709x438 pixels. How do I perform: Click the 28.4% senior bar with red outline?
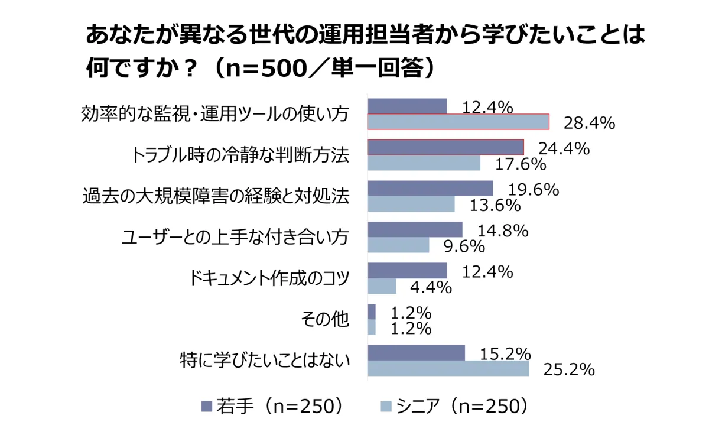[458, 122]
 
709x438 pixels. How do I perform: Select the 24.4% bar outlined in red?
[446, 147]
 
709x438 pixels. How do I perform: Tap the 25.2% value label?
[569, 370]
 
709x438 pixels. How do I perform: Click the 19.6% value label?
[534, 190]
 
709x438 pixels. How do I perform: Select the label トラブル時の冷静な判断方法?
[240, 155]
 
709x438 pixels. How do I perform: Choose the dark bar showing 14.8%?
[415, 229]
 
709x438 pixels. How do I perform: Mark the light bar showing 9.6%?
[398, 245]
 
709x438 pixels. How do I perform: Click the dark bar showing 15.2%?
[416, 353]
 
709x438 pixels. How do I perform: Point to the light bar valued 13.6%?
[411, 204]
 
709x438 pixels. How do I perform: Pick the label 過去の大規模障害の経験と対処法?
[216, 196]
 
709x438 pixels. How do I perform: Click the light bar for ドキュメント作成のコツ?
[382, 286]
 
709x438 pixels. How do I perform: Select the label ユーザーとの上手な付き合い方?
[235, 237]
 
